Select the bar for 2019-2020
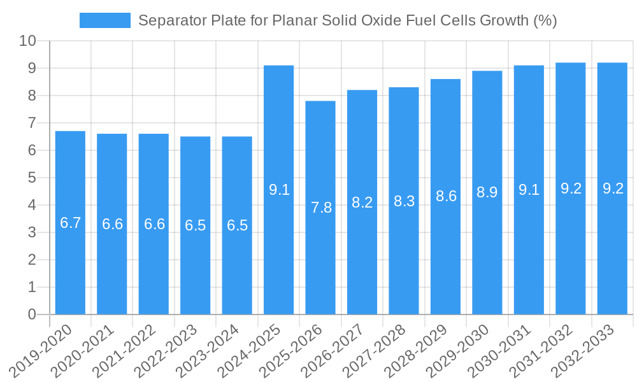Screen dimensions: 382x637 (70, 223)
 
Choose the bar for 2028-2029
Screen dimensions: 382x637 (446, 197)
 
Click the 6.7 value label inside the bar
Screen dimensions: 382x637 (70, 223)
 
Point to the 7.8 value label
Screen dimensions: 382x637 (321, 208)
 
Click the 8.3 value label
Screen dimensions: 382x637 (404, 201)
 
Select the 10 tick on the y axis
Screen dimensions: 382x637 (28, 41)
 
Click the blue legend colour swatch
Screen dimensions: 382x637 (104, 20)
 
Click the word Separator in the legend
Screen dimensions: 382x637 (168, 20)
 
